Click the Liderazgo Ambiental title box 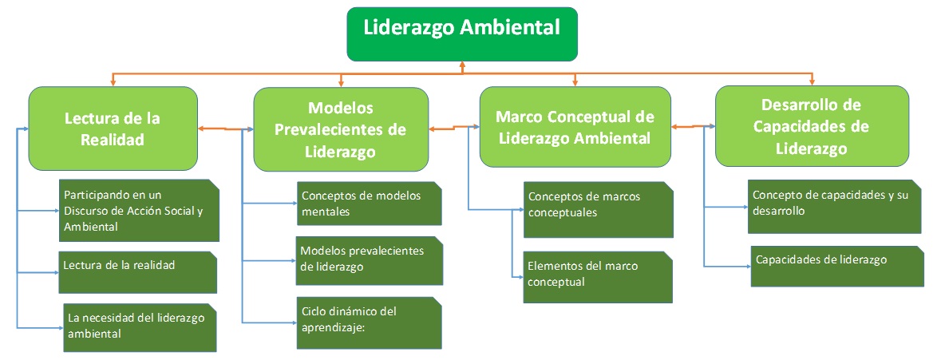point(462,34)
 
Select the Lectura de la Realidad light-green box point(113,129)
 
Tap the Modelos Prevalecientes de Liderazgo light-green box point(341,129)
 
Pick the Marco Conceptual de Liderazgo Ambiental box point(575,127)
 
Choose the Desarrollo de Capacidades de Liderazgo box point(812,126)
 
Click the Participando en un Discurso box point(139,211)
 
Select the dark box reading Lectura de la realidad point(137,272)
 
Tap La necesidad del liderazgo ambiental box point(139,327)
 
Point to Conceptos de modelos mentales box point(370,204)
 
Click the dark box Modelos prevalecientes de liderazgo point(370,261)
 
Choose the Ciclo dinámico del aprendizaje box point(370,322)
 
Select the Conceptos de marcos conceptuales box point(599,210)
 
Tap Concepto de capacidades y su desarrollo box point(834,207)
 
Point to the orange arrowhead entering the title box point(462,64)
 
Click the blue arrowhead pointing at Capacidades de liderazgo point(749,266)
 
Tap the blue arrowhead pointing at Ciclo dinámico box point(294,323)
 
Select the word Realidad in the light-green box point(113,140)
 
